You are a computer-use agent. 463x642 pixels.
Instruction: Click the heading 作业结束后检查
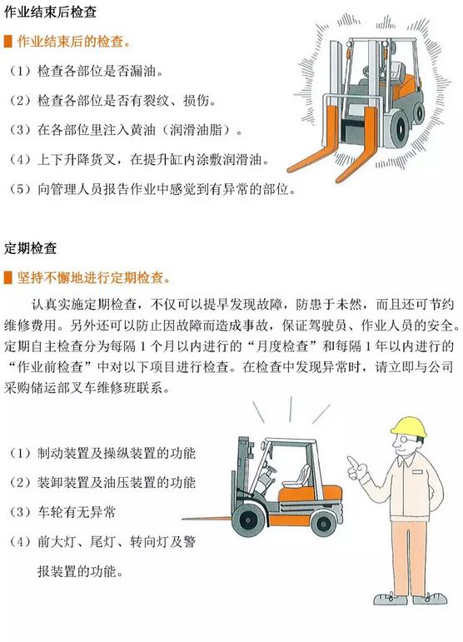[x=50, y=12]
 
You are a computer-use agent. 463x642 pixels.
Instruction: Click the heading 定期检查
[x=30, y=248]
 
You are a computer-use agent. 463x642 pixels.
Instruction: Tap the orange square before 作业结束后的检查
[x=8, y=42]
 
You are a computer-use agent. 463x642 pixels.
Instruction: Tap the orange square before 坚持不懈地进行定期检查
[x=8, y=277]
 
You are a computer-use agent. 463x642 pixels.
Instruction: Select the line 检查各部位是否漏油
[x=87, y=72]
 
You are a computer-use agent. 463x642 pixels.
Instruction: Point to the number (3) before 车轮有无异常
[x=20, y=512]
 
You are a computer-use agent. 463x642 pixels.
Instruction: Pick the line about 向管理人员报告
[x=152, y=189]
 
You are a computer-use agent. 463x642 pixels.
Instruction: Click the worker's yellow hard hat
[x=409, y=426]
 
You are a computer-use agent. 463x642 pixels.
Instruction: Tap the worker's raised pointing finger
[x=351, y=462]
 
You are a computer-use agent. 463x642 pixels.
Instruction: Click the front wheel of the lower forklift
[x=247, y=520]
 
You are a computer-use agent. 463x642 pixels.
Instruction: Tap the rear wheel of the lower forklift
[x=323, y=523]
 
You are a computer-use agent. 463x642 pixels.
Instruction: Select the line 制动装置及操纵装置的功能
[x=102, y=453]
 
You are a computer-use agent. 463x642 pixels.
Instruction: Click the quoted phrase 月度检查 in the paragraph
[x=287, y=346]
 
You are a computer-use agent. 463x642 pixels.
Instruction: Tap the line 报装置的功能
[x=81, y=570]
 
